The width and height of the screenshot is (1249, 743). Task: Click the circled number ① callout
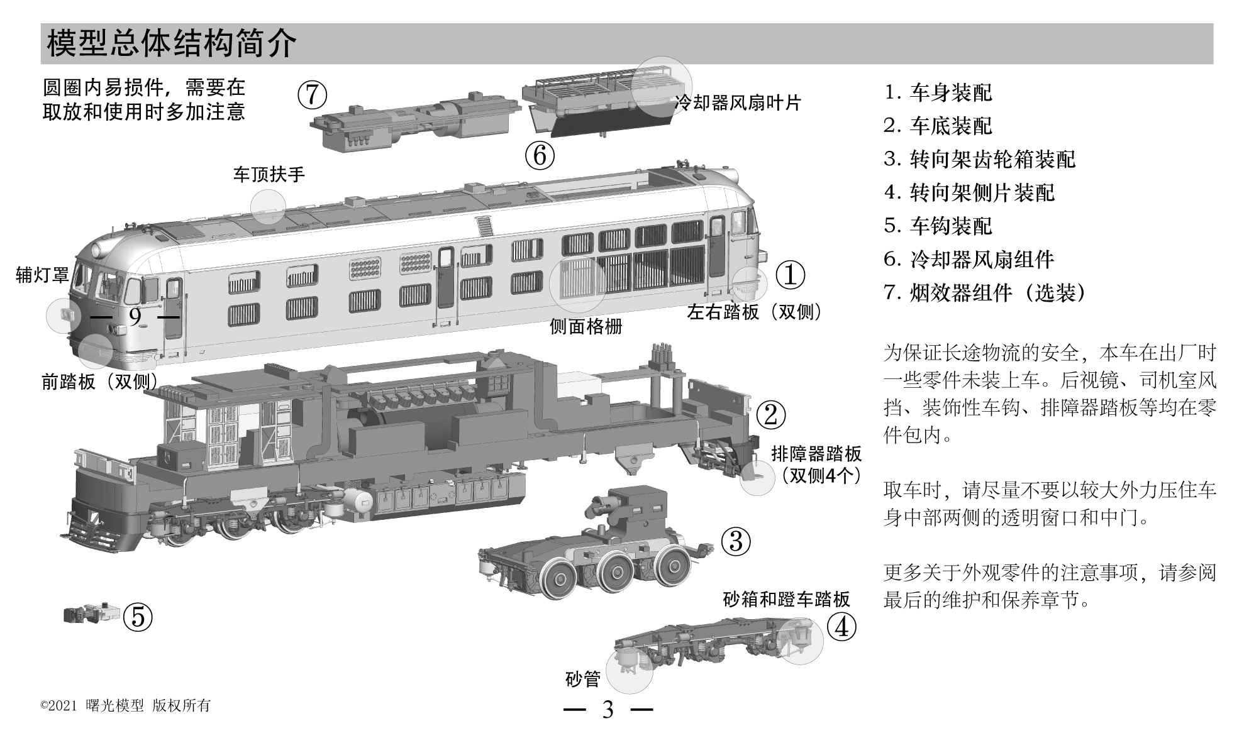(x=790, y=275)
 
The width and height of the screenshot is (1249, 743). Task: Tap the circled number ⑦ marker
(x=313, y=95)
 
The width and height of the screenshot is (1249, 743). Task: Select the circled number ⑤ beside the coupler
(x=138, y=617)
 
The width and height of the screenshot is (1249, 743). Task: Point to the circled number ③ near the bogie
(x=736, y=541)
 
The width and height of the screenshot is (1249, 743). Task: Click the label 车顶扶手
(x=269, y=174)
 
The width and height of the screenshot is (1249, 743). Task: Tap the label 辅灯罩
(x=42, y=275)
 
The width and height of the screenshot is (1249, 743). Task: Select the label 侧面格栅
(x=586, y=326)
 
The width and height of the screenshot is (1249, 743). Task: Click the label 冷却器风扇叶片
(x=737, y=102)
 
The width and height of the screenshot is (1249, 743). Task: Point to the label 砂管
(x=583, y=679)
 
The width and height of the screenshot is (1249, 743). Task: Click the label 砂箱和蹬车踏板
(x=786, y=599)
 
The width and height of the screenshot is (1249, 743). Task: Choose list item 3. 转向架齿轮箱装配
(x=979, y=159)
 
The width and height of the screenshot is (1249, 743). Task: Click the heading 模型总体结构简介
(x=171, y=43)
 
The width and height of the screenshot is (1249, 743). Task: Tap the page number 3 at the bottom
(x=608, y=710)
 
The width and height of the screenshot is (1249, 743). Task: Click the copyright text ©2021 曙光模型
(x=125, y=706)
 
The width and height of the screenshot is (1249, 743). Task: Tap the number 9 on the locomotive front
(x=135, y=317)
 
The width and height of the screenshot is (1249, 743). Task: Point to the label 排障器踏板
(x=816, y=454)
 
